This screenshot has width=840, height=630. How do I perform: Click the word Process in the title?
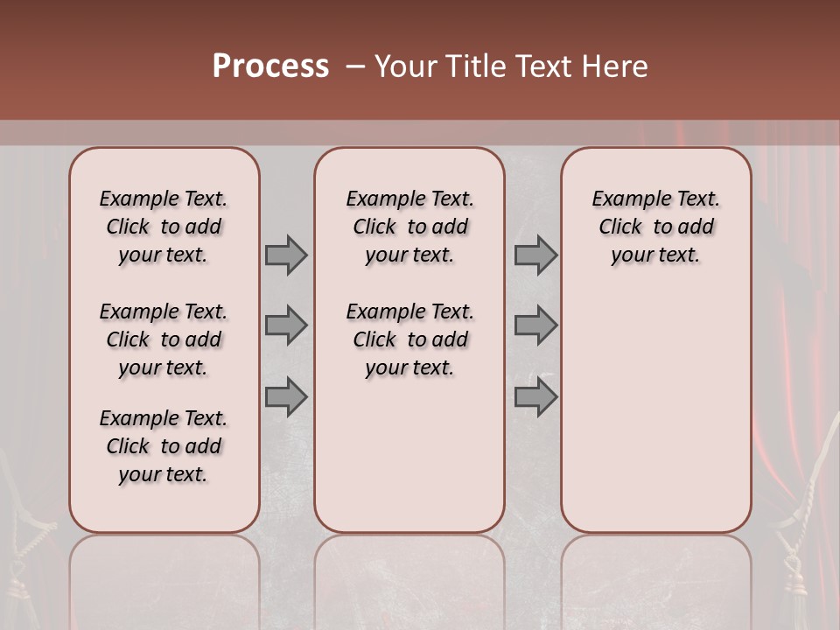[x=270, y=66]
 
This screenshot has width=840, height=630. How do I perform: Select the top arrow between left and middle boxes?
[x=286, y=255]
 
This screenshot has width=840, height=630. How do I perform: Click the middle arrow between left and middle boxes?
[x=286, y=325]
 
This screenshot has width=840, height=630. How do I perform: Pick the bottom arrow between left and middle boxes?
[x=286, y=397]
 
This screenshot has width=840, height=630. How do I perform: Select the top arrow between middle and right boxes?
[x=535, y=255]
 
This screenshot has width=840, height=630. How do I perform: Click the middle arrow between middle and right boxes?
[x=535, y=325]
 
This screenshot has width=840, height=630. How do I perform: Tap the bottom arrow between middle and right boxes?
[x=535, y=397]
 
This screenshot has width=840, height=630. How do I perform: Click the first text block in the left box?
[x=164, y=227]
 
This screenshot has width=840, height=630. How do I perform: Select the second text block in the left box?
[x=164, y=339]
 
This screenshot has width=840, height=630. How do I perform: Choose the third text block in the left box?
[x=164, y=446]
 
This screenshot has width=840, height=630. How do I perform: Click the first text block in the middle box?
[x=409, y=227]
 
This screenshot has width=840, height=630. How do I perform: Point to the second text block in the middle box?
[x=409, y=339]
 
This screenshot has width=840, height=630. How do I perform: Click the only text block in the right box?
[x=655, y=227]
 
